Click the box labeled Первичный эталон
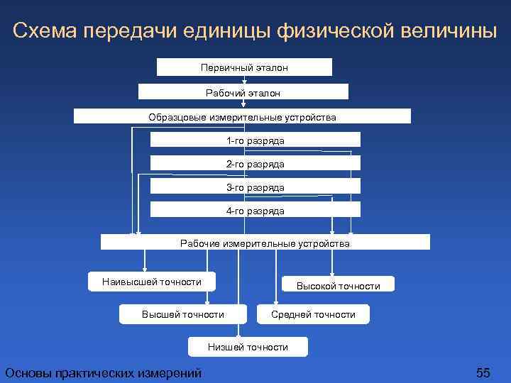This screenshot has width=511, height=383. click(244, 67)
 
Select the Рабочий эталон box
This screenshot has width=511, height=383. click(243, 92)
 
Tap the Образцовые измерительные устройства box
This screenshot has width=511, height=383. click(242, 116)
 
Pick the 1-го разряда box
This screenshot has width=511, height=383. click(255, 140)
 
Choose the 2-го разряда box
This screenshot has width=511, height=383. click(255, 164)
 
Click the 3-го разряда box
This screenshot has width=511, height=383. click(255, 187)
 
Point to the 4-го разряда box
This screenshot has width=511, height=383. click(255, 211)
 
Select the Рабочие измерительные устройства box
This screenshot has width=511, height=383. click(265, 243)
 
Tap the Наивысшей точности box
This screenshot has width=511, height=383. click(152, 282)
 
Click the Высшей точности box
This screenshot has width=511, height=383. click(183, 314)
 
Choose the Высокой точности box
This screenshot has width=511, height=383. click(338, 286)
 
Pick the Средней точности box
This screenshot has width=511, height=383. click(313, 314)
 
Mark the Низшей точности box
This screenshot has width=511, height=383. click(248, 347)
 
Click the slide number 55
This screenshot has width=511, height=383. click(483, 373)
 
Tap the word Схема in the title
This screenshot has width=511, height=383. click(45, 31)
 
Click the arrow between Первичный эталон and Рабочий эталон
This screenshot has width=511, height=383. click(244, 79)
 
